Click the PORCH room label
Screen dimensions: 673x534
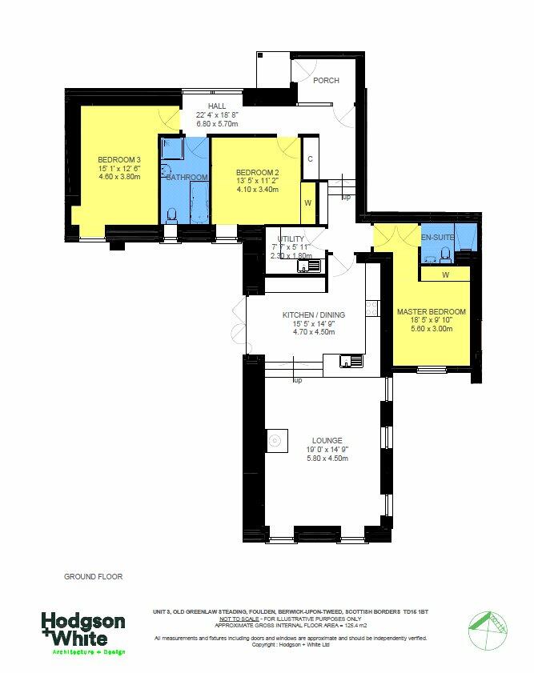pos(325,81)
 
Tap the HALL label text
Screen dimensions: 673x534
pos(217,106)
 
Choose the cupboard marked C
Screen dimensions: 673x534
pos(310,158)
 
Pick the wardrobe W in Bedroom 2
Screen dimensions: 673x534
pos(308,202)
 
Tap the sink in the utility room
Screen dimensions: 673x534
pos(309,265)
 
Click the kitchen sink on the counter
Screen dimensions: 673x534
pos(350,360)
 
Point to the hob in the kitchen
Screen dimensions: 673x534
pos(372,306)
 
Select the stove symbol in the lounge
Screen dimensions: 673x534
pos(275,439)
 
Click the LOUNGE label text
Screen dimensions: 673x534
pos(327,440)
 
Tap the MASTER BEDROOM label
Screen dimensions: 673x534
pos(432,311)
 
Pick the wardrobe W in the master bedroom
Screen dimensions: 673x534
pos(445,275)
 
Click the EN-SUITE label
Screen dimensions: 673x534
pos(438,238)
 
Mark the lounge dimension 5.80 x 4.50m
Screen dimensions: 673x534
pos(327,459)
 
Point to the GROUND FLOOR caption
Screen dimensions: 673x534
pos(93,576)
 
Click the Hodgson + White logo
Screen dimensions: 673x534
pos(83,633)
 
